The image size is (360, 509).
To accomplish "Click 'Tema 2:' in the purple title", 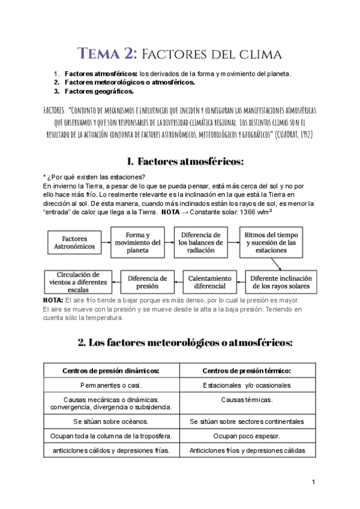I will [108, 54].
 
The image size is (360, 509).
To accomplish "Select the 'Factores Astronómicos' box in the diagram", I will [74, 242].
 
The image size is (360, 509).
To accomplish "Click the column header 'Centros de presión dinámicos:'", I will [112, 370].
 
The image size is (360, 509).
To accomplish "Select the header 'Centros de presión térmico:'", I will [247, 370].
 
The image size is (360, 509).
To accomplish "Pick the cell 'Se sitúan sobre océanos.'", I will [112, 421].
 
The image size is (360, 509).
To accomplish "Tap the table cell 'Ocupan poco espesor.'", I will [247, 436].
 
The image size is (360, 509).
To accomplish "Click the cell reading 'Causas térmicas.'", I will [247, 400].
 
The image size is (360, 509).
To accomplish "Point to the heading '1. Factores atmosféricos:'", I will [185, 161].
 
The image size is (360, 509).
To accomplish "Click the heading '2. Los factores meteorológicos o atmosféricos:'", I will [185, 343].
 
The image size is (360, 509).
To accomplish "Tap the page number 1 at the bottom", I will [313, 482].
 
